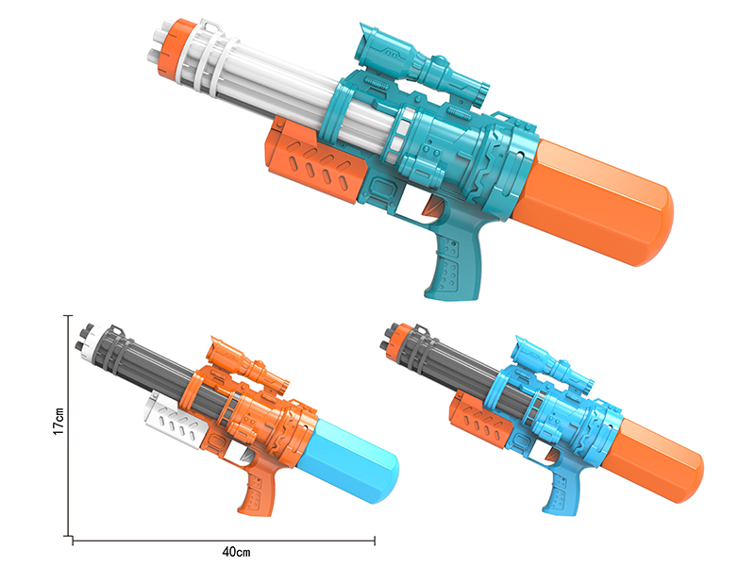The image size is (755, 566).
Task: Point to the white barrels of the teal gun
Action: pyautogui.click(x=283, y=94)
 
